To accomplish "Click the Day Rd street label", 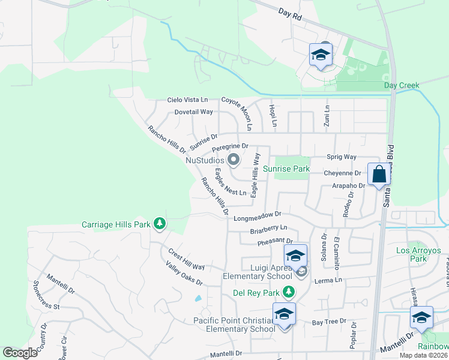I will click(x=290, y=16).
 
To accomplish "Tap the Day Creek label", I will click(x=401, y=86).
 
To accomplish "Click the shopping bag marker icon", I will click(x=379, y=175).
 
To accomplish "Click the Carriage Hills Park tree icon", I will click(x=160, y=224).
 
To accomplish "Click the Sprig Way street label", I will click(x=342, y=157).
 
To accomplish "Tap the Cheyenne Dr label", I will click(x=341, y=173).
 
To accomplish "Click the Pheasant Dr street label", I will click(x=274, y=242).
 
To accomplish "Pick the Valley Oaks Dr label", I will click(x=183, y=273).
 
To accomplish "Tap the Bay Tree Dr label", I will click(x=330, y=322).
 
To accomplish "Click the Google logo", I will click(x=20, y=353).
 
